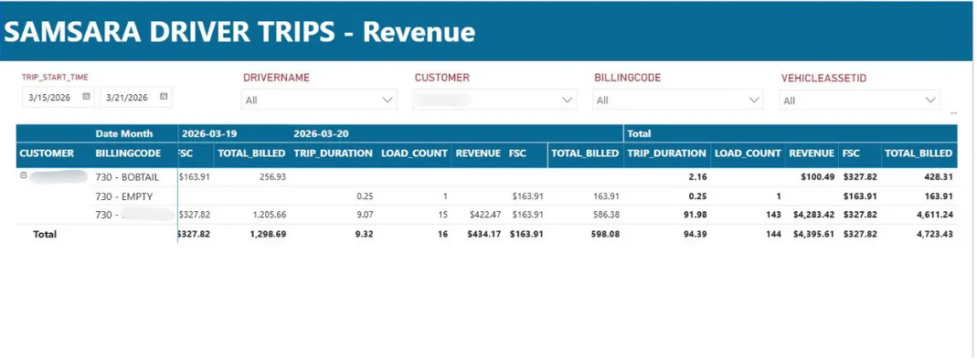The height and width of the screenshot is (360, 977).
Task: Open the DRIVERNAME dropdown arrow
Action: (x=388, y=100)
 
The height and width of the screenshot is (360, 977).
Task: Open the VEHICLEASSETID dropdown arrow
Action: (x=930, y=100)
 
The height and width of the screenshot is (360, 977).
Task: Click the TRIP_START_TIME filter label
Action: (x=55, y=78)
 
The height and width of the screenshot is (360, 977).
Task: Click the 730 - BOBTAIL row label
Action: (x=127, y=177)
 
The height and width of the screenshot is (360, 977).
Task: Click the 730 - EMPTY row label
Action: (x=123, y=196)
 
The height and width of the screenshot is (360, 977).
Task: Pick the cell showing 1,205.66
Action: (x=263, y=214)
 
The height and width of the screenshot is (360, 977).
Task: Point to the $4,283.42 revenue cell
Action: (x=812, y=214)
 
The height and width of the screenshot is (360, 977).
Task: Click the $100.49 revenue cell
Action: (x=815, y=177)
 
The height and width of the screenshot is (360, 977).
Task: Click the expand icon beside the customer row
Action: (x=23, y=176)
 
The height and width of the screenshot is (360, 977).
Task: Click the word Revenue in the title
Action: (x=419, y=33)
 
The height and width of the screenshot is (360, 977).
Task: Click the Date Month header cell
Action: (x=123, y=133)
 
